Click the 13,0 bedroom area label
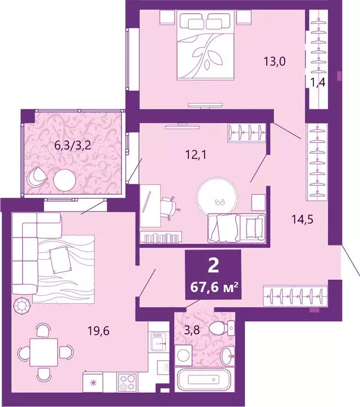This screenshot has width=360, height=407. [x=275, y=61]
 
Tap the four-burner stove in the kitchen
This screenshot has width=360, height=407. [x=128, y=381]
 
